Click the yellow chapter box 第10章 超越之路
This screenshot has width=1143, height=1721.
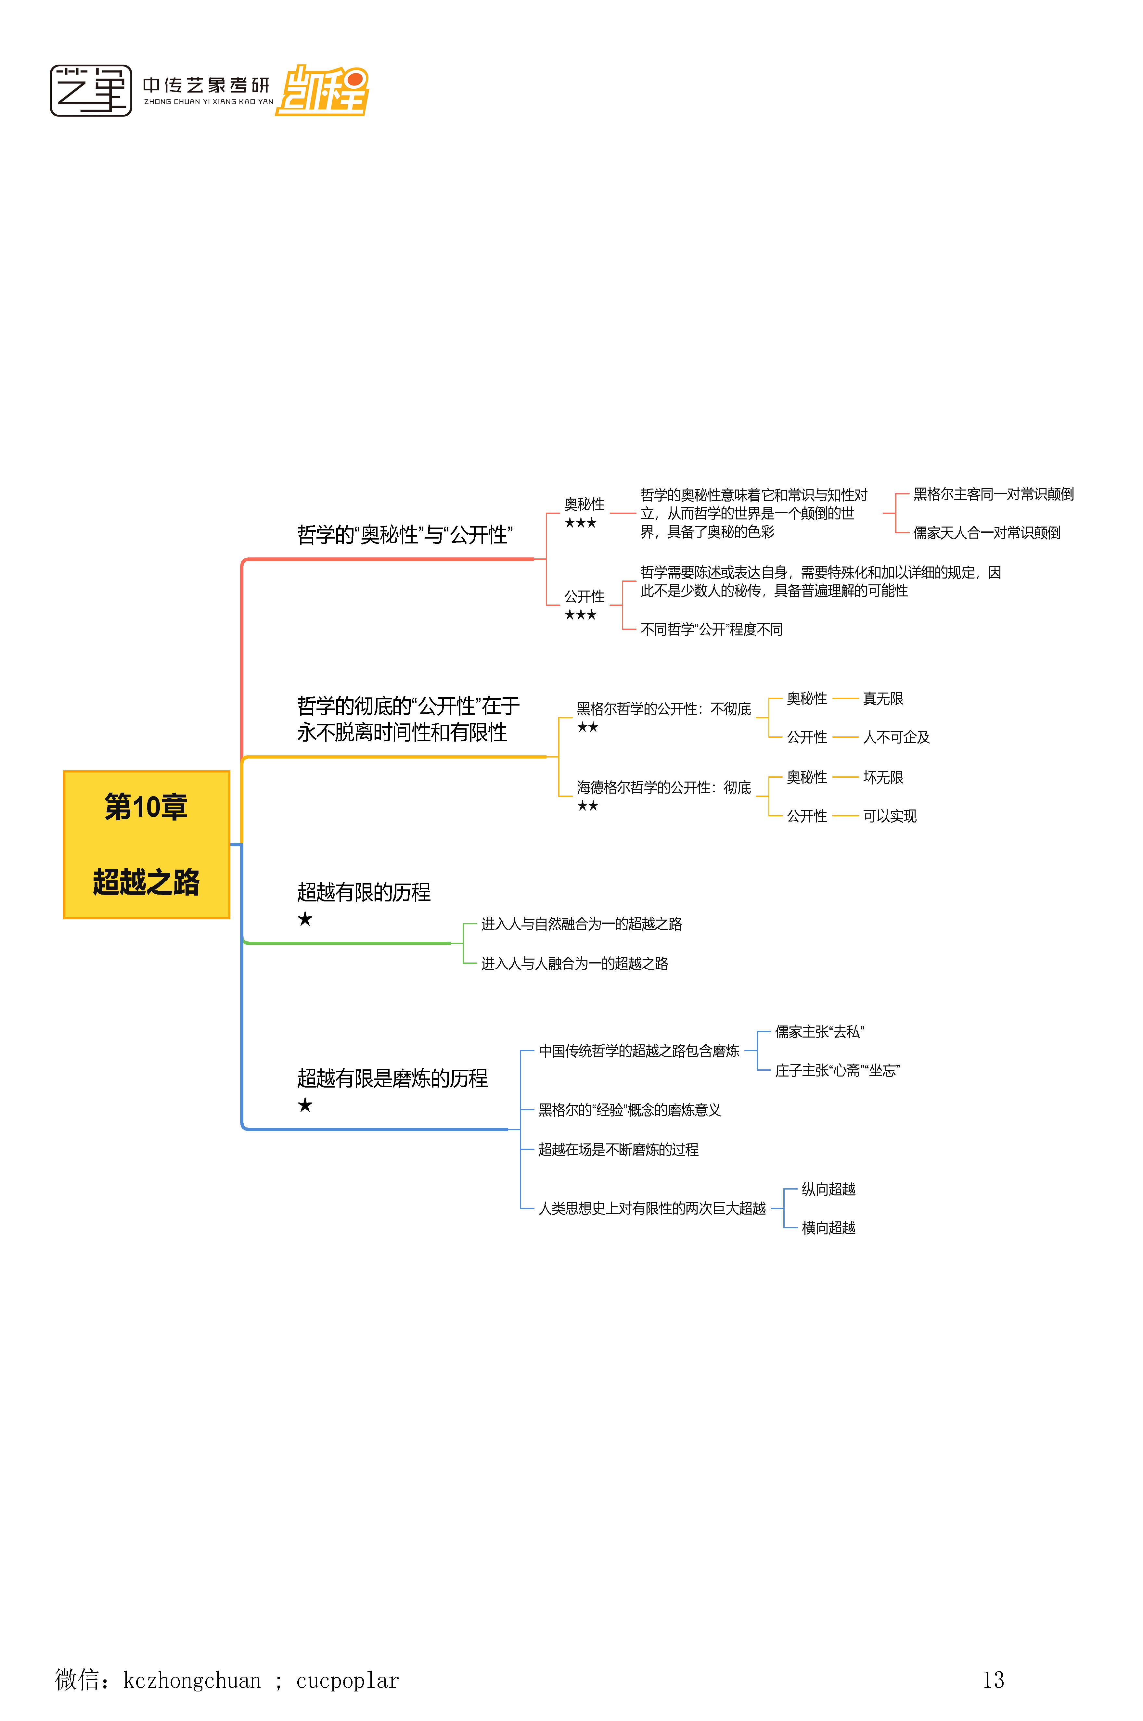coord(147,845)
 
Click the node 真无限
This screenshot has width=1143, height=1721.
coord(883,699)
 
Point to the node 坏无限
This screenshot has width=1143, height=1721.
coord(883,777)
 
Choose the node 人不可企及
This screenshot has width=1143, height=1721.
coord(896,737)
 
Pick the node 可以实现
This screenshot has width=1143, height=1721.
coord(889,816)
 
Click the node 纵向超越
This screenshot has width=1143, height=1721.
coord(828,1189)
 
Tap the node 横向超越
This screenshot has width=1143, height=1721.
coord(828,1228)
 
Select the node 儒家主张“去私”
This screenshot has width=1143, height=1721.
coord(819,1032)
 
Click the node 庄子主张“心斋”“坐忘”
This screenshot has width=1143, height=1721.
coord(837,1070)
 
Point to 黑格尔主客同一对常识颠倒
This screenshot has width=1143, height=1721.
coord(993,494)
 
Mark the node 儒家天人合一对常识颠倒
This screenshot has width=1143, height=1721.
coord(986,533)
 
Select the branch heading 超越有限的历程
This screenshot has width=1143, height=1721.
coord(364,893)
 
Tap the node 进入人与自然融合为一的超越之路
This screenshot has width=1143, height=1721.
coord(581,924)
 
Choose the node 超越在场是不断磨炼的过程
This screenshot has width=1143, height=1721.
coord(618,1150)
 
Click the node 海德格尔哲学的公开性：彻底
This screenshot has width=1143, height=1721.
coord(663,788)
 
